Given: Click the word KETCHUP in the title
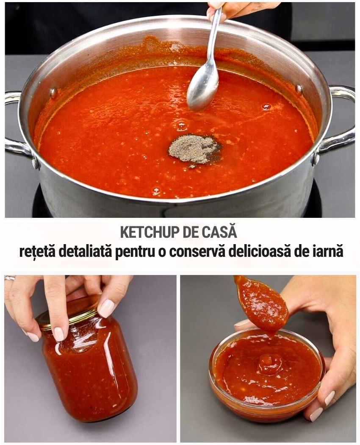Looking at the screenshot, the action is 150,232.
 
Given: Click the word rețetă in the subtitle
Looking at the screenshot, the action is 36,251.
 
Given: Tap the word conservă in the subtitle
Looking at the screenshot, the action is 197,251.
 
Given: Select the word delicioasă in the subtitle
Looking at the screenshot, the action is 260,251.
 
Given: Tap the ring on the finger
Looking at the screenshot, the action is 10,278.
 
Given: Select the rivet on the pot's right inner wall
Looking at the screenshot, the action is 299,89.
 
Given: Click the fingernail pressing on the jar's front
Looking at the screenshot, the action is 59,334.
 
